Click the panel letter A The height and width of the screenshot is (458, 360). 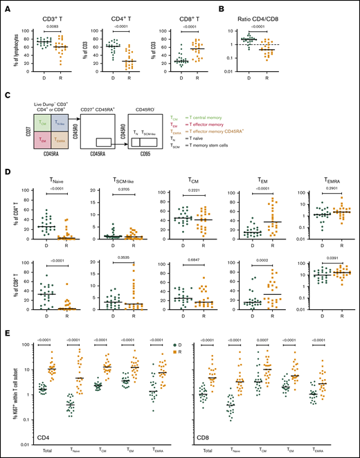pyautogui.click(x=10, y=9)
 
